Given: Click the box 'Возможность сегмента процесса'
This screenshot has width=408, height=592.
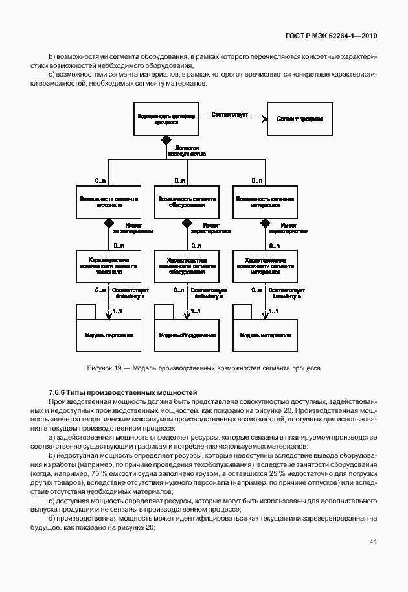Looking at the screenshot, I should pos(166,119).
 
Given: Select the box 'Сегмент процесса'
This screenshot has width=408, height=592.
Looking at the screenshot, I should pos(295,119).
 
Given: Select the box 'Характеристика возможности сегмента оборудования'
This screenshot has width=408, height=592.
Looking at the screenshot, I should pos(188,266).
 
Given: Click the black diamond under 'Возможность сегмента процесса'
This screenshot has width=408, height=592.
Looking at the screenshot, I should pos(166,140).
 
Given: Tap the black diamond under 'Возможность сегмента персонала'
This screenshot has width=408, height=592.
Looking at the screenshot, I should pos(108,222).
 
